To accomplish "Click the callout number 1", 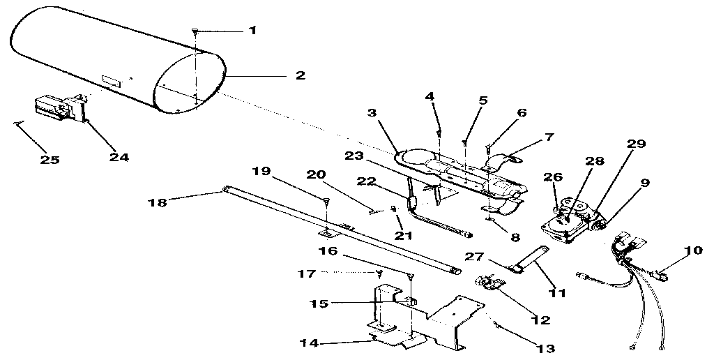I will pos(252,31).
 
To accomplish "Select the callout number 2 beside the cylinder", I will pos(300,75).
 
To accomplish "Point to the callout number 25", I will pos(50,160).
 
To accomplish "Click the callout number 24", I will pos(119,157).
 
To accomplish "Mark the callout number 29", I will pos(636,144).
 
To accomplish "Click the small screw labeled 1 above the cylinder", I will pos(196,32).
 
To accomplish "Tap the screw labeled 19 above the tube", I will pos(326,202).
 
